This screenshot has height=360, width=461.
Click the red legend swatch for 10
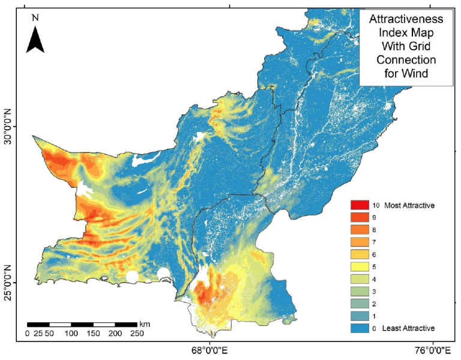(360, 206)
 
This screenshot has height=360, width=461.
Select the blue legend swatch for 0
(360, 328)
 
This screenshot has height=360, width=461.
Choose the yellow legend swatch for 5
(360, 266)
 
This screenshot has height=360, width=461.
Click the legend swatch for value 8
(360, 230)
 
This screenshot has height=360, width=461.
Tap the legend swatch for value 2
(360, 303)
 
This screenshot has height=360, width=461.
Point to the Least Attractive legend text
(408, 328)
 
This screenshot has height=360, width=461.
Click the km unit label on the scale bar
(145, 324)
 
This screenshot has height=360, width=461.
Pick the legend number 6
(374, 254)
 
